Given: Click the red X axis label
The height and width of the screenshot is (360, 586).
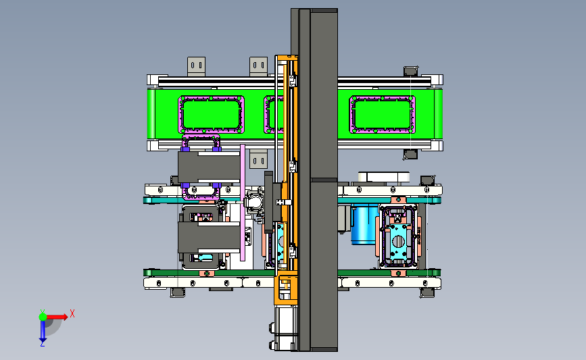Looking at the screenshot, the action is [x=72, y=313].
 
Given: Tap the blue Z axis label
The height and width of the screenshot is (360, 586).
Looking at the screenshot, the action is [x=42, y=344].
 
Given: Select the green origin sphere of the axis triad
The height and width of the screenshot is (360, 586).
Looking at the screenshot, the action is [x=43, y=317].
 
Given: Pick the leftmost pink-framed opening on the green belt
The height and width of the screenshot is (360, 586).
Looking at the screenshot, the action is [x=211, y=114].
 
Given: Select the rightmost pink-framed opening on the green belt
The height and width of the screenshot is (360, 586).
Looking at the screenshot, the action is [x=382, y=114].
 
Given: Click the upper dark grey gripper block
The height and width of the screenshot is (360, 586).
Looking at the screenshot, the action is [x=209, y=168].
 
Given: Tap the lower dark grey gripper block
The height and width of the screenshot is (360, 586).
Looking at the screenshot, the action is [x=209, y=237].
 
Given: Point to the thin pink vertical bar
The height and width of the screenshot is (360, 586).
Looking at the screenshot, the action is [x=243, y=203].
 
